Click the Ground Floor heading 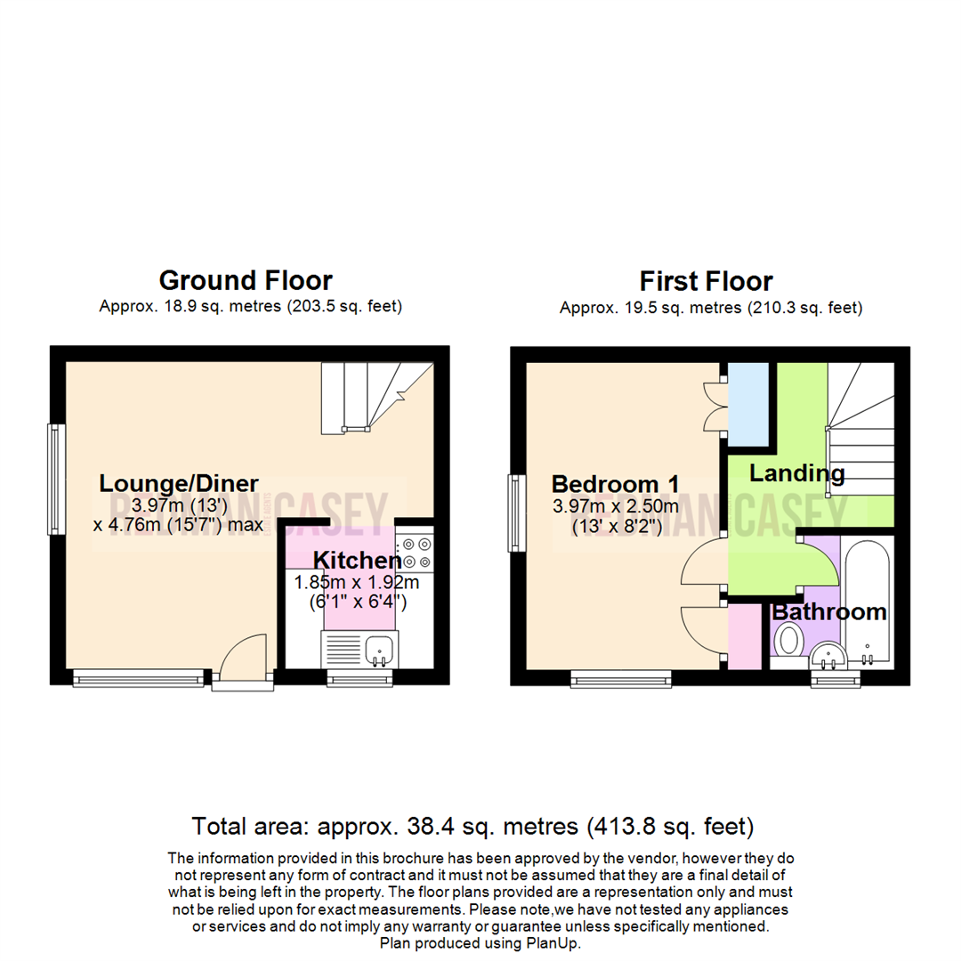tap(246, 280)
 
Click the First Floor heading tap(707, 281)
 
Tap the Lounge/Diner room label tap(179, 483)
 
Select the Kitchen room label tap(357, 561)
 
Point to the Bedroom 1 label tap(616, 484)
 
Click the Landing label tap(796, 472)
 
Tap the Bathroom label tap(828, 612)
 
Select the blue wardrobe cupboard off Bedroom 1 tap(748, 404)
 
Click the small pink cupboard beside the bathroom tap(746, 636)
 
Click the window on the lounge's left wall tap(57, 479)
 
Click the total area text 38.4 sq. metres tap(472, 827)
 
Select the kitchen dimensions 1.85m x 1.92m tap(356, 584)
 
